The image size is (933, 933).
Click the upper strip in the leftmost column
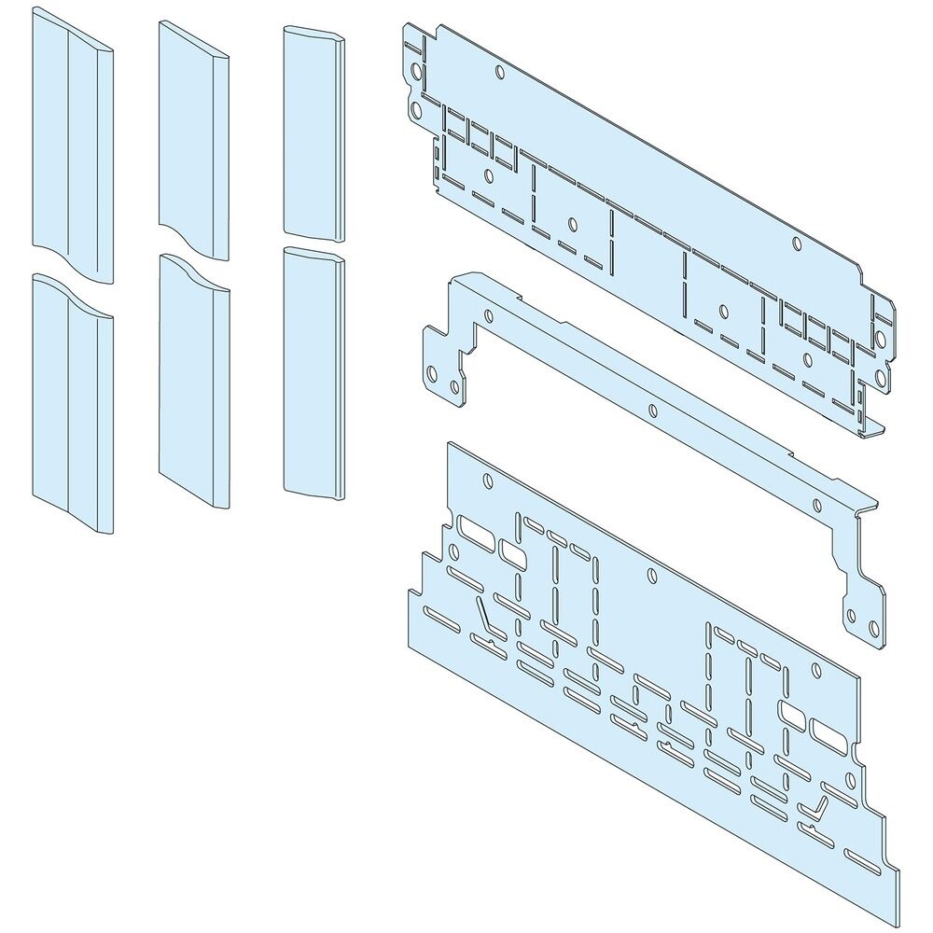tap(73, 149)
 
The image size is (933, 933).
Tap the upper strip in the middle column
tap(194, 140)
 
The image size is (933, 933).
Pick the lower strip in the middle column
tap(194, 383)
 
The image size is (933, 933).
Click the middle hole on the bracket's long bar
tap(652, 410)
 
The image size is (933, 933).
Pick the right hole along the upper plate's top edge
tap(796, 244)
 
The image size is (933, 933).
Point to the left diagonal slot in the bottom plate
tap(485, 615)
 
